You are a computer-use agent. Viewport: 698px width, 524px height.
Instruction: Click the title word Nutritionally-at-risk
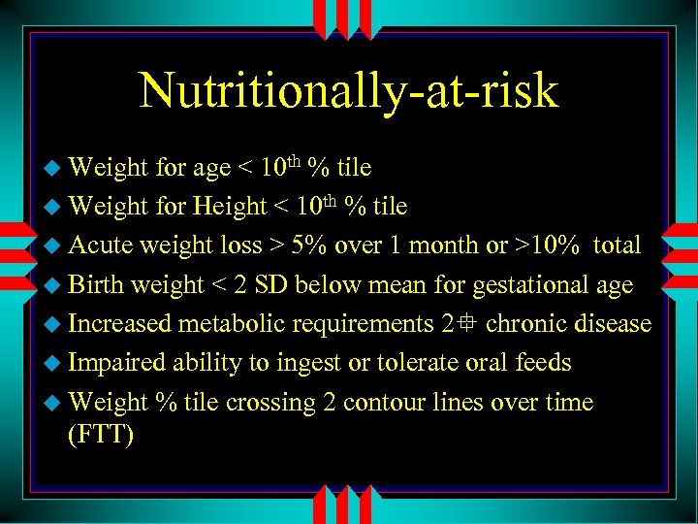click(x=349, y=90)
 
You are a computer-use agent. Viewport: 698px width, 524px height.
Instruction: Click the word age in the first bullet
click(x=211, y=169)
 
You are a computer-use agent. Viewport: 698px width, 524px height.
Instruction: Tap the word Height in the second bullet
click(x=229, y=207)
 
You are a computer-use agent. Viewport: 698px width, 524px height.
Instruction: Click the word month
click(x=438, y=246)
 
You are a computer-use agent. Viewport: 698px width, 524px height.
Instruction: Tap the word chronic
click(x=534, y=323)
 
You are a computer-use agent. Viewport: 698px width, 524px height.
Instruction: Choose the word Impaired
click(x=118, y=363)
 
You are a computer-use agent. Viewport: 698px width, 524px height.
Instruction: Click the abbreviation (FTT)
click(x=101, y=434)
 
